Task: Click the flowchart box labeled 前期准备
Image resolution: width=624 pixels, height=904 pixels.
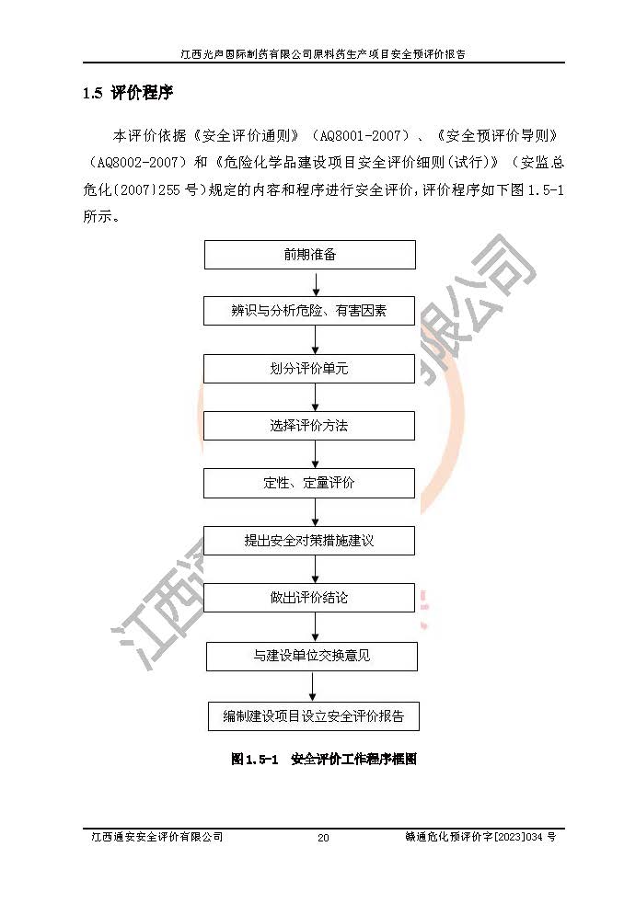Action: point(309,255)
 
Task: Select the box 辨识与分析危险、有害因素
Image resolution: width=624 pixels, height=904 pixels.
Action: point(309,311)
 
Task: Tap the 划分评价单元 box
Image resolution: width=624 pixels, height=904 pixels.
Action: point(309,369)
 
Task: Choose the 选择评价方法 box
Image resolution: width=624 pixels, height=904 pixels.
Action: point(309,426)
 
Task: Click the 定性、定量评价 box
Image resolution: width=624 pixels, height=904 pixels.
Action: point(309,483)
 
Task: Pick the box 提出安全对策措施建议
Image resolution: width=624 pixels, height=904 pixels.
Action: point(309,541)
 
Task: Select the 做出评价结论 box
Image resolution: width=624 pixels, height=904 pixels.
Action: point(309,598)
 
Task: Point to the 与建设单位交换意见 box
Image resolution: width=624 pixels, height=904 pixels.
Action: point(312,657)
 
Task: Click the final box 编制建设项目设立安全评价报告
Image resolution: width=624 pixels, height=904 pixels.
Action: point(314,715)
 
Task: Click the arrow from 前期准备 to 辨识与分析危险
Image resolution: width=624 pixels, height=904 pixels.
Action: point(315,283)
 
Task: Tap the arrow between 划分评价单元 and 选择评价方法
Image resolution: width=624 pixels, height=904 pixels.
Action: point(315,397)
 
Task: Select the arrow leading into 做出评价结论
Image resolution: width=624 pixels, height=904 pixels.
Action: point(315,569)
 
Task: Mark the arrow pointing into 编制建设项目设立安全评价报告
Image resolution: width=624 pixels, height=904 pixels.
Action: point(314,686)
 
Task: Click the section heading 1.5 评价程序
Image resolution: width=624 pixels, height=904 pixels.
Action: point(128,94)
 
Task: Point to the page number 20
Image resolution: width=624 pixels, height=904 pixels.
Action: point(322,838)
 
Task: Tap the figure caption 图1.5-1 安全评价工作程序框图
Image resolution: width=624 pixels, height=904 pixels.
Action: point(324,760)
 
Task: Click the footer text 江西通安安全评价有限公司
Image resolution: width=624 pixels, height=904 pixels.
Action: point(156,837)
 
